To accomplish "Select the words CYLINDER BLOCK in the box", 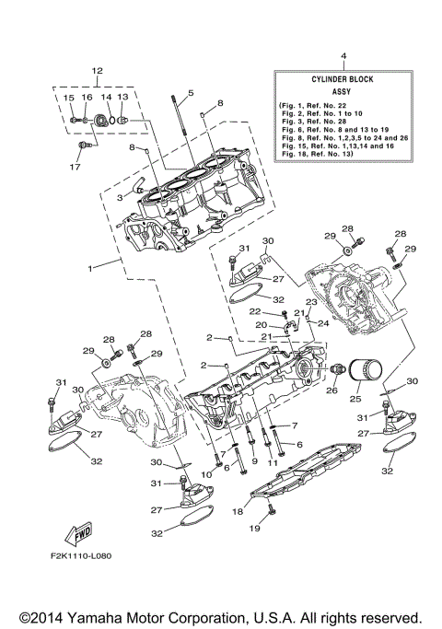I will point(343,80).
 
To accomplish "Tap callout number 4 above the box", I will point(343,56).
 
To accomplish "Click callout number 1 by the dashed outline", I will point(89,269).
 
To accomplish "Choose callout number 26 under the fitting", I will point(331,390).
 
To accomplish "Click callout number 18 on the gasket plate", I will point(236,510).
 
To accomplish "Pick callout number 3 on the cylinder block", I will point(119,197).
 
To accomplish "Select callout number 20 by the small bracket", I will point(262,325).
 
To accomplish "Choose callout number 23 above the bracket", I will point(311,302).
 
